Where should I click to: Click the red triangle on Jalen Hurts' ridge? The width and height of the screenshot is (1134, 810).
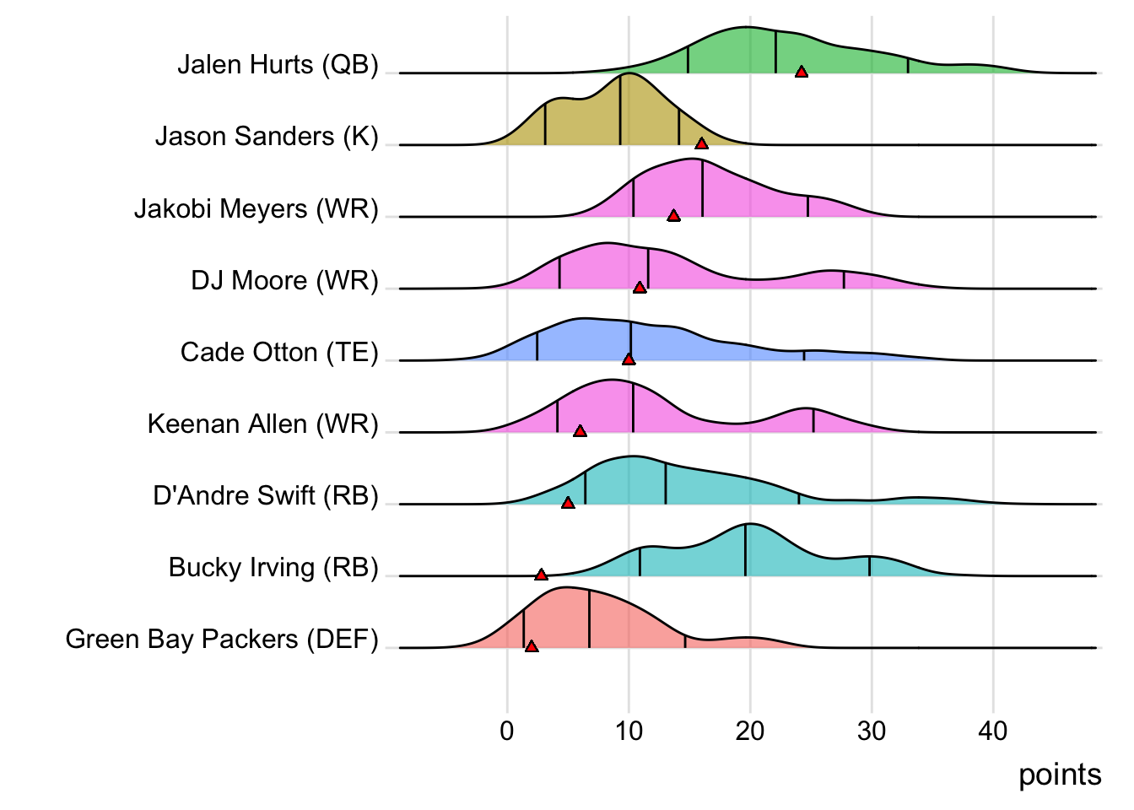pos(802,72)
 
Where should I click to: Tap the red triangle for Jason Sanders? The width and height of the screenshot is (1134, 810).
pos(701,143)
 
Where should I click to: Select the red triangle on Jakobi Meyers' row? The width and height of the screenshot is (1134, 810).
pos(673,215)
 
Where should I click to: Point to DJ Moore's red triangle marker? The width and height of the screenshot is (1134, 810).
pos(640,288)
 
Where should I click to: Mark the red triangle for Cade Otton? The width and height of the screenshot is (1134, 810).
pos(629,359)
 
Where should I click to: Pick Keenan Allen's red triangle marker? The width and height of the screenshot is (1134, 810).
pos(580,431)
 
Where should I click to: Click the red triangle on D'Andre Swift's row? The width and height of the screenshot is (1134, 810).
pos(568,503)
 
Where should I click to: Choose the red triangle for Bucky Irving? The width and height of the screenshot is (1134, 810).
pos(541,575)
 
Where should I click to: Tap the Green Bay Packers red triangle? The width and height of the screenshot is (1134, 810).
pos(532,646)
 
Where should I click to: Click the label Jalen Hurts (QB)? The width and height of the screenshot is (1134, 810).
pos(278,65)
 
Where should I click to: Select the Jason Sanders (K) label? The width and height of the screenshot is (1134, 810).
pos(267,137)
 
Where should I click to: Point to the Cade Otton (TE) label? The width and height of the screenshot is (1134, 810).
pos(279,353)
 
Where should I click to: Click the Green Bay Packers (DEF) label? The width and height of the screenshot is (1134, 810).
pos(222,640)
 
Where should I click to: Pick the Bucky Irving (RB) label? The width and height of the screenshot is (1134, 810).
pos(273,568)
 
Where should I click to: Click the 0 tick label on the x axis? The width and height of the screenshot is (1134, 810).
pos(507,731)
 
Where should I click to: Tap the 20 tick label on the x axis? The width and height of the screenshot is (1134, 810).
pos(750,731)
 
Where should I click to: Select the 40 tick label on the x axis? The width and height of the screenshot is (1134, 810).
pos(993,731)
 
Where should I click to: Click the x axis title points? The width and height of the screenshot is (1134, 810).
pos(1060,775)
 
